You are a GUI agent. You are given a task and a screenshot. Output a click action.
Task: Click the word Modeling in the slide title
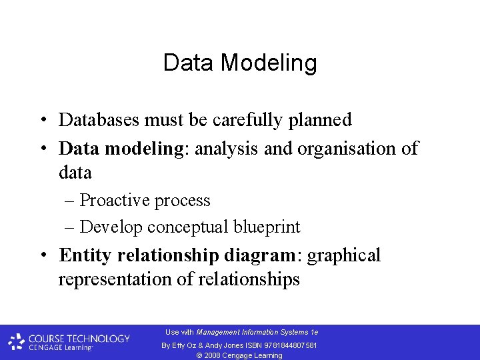pyautogui.click(x=269, y=64)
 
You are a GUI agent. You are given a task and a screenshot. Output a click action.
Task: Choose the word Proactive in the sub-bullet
pyautogui.click(x=117, y=201)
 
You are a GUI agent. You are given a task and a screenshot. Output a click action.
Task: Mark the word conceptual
pyautogui.click(x=188, y=227)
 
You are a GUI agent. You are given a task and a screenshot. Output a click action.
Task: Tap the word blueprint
pyautogui.click(x=267, y=227)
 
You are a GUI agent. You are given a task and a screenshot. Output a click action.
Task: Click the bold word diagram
pyautogui.click(x=259, y=255)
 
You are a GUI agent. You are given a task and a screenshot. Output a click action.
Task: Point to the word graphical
pyautogui.click(x=344, y=256)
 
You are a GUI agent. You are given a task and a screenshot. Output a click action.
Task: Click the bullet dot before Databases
pyautogui.click(x=42, y=121)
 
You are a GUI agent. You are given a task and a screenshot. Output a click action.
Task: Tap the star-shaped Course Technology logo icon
pyautogui.click(x=16, y=342)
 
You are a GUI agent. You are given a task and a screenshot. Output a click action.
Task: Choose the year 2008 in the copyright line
pyautogui.click(x=212, y=355)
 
